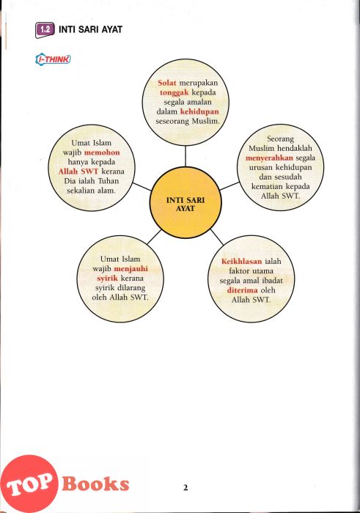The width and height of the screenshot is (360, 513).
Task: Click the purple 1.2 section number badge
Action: pos(45,30)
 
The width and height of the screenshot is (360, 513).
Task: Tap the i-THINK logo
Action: pos(53,59)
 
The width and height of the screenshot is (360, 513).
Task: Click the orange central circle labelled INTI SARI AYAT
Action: pos(185,202)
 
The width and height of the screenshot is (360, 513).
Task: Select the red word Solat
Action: pos(167,83)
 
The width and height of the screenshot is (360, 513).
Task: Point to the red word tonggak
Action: pos(174,93)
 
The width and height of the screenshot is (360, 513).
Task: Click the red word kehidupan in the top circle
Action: pos(199,111)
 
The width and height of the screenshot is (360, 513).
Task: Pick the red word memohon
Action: pos(102,152)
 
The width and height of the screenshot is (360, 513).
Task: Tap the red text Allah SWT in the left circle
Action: pos(78,171)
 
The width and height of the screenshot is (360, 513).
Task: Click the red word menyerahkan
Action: pos(269,158)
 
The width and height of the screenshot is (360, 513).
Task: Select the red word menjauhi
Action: pos(131,269)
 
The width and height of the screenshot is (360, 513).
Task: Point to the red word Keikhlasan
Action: pos(241,262)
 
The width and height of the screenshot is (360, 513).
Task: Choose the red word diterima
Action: pos(243,290)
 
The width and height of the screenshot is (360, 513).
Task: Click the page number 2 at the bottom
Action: pos(185,488)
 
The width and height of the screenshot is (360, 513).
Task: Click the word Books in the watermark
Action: pos(95,484)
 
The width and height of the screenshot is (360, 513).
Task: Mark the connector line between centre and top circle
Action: pos(185,156)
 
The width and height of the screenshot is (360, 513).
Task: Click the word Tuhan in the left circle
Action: pos(109,181)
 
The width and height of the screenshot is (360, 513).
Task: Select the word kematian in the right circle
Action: pos(265,187)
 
